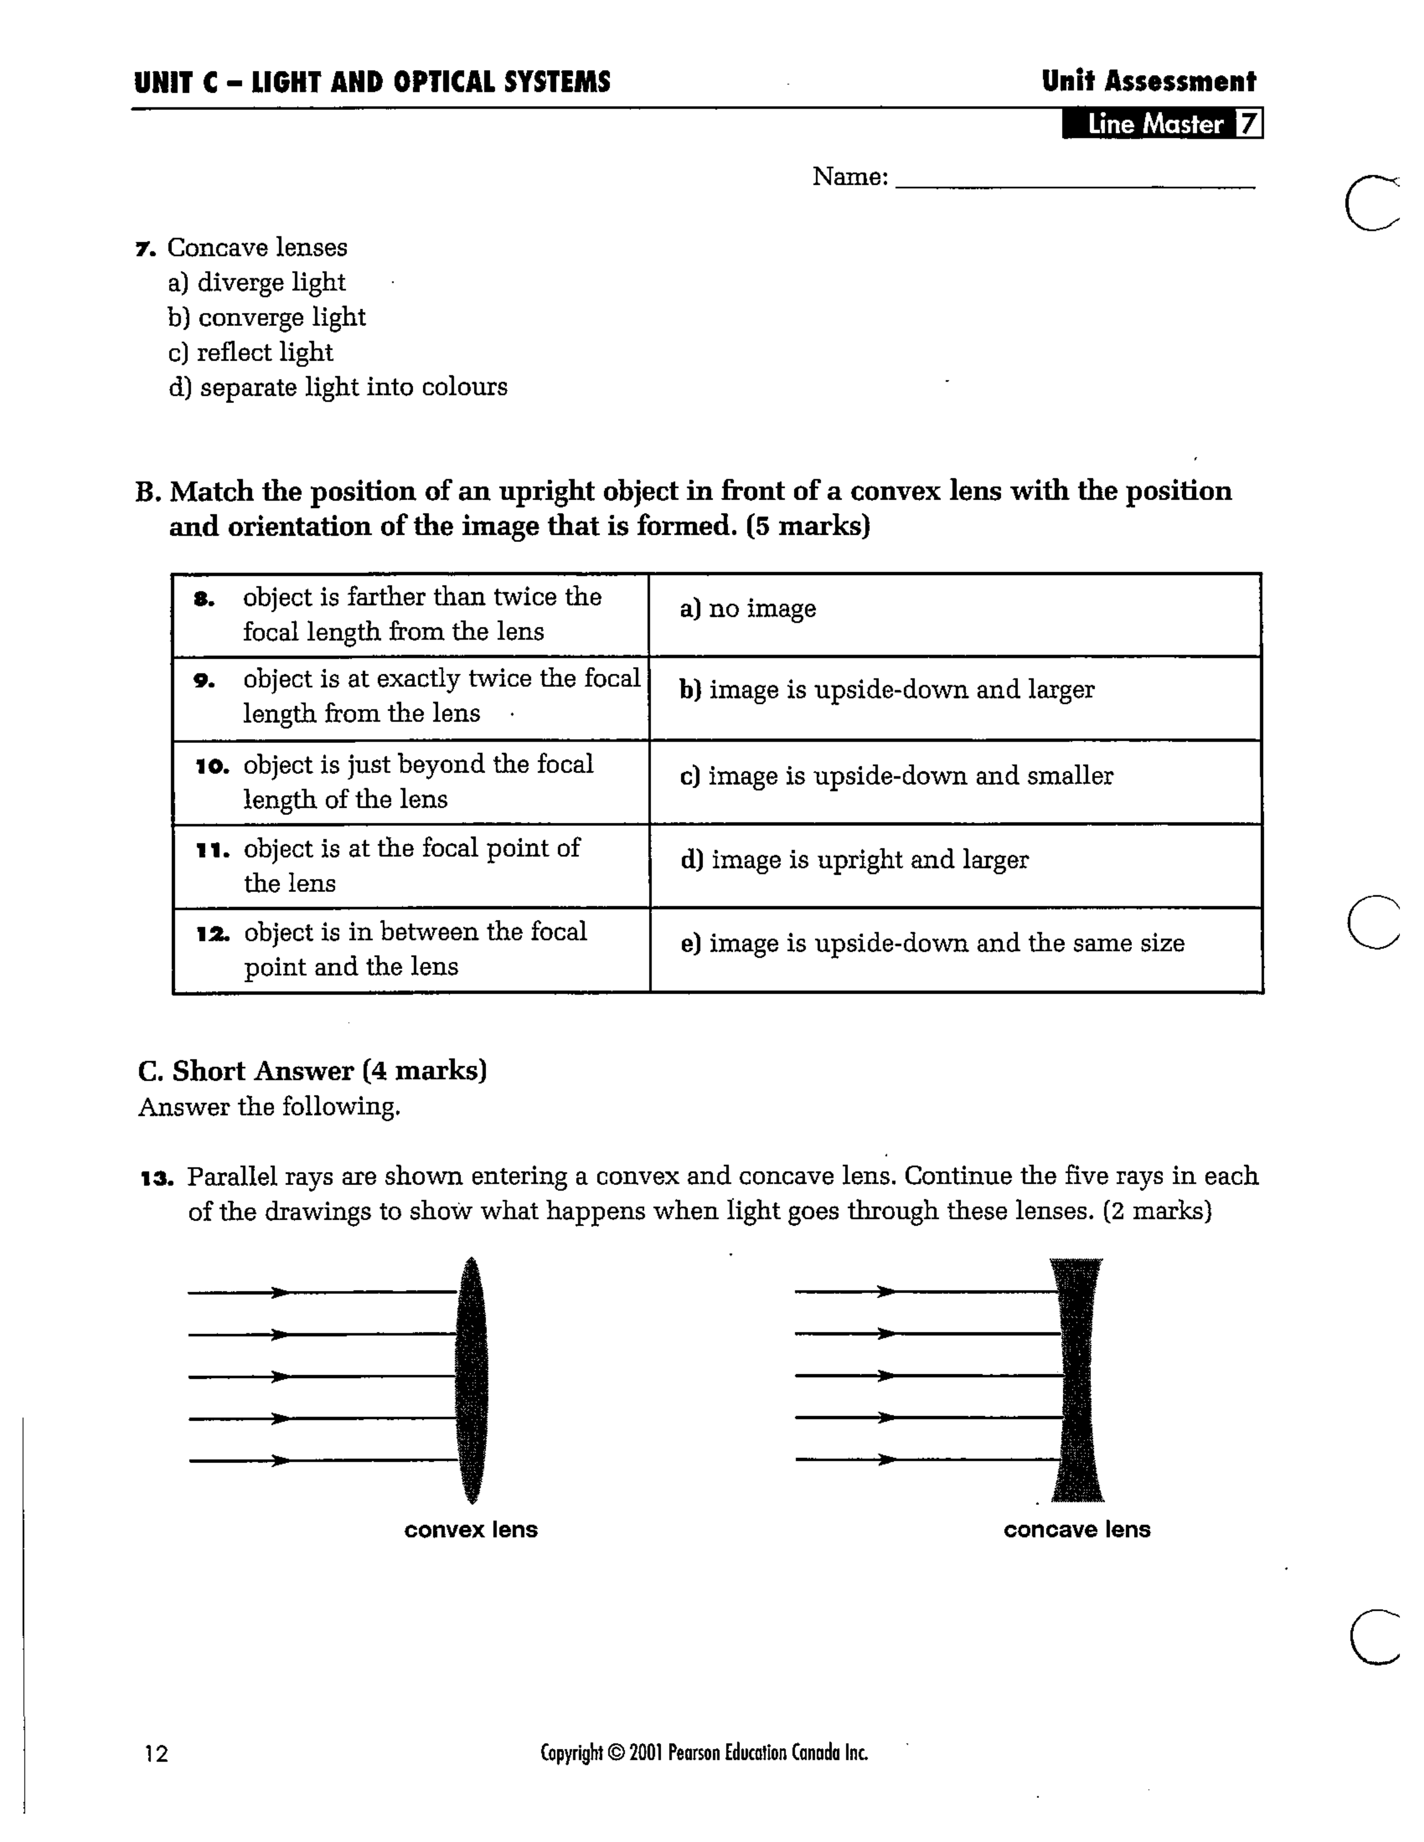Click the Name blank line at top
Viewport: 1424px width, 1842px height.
point(1075,180)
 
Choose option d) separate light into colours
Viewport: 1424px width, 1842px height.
point(337,388)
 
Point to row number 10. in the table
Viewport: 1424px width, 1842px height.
point(212,766)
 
